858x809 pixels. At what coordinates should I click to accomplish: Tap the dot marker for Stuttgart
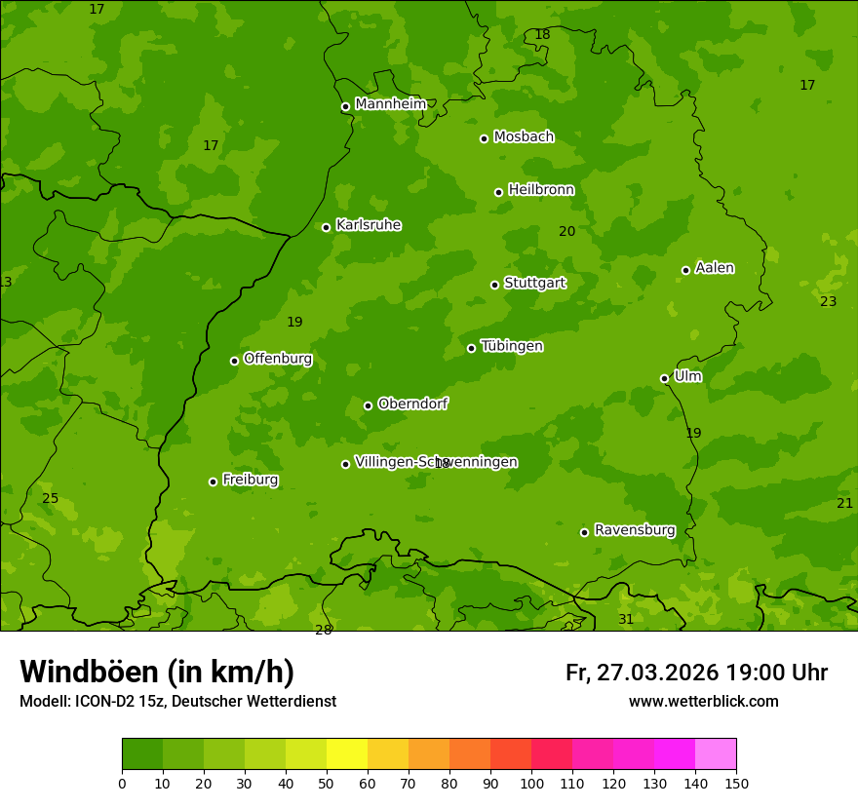click(x=494, y=285)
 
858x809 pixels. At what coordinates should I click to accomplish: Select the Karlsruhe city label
click(x=369, y=225)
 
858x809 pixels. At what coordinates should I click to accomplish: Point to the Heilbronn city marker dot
click(x=498, y=192)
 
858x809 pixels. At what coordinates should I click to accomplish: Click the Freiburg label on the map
click(x=251, y=480)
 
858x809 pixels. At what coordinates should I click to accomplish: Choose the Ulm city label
click(x=688, y=376)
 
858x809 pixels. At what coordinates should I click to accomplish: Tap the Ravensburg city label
click(x=635, y=530)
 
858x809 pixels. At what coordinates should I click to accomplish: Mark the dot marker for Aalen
click(x=685, y=270)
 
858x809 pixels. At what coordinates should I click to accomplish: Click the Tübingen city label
click(x=512, y=346)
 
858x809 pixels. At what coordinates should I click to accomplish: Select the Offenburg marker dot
click(x=234, y=361)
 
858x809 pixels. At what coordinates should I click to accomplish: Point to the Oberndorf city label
click(x=413, y=404)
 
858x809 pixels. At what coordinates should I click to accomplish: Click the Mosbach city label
click(x=524, y=136)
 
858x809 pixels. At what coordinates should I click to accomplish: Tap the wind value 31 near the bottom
click(x=626, y=620)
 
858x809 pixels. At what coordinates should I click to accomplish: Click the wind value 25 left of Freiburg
click(x=51, y=499)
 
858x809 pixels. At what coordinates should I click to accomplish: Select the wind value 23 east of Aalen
click(x=828, y=302)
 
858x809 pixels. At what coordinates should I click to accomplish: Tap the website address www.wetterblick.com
click(x=703, y=702)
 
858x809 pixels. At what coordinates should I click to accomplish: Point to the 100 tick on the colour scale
click(x=531, y=783)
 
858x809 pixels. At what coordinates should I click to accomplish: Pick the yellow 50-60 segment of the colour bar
click(x=347, y=754)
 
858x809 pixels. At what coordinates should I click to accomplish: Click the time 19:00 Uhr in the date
click(x=776, y=674)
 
